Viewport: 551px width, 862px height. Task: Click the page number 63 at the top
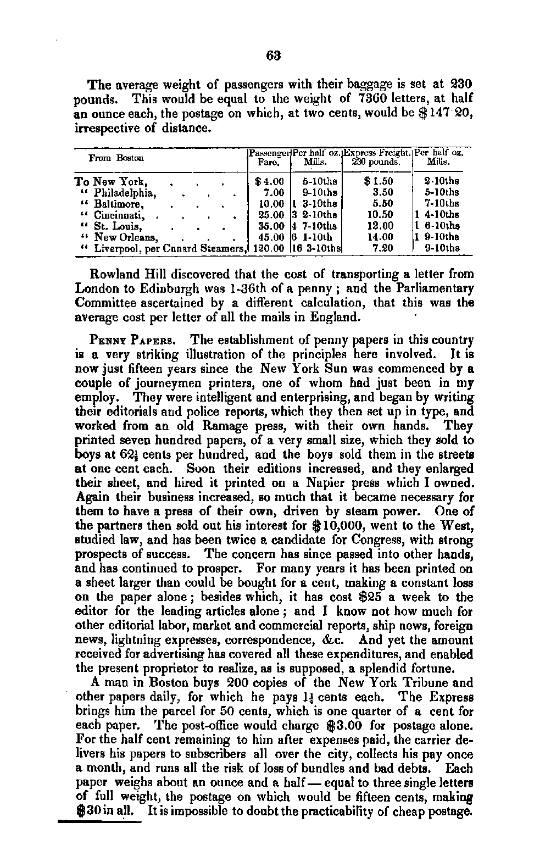tap(274, 55)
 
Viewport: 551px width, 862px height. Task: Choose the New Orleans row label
tap(126, 237)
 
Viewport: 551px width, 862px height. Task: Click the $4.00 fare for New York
tap(270, 181)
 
